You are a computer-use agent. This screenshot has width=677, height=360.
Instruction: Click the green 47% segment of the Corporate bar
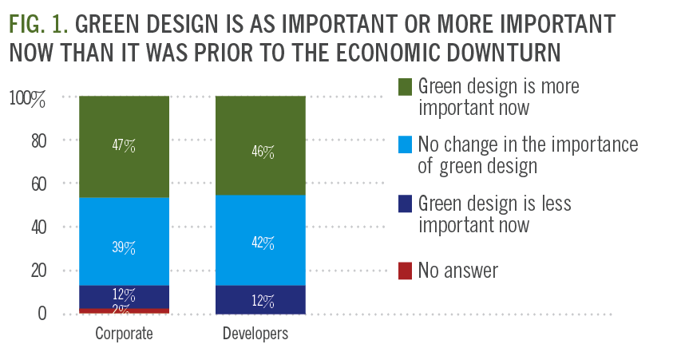(124, 147)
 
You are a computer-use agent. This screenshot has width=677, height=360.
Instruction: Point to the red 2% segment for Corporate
(124, 311)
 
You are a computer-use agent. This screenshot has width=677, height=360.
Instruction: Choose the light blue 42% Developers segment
(259, 241)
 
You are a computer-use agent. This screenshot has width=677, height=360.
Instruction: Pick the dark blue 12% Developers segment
(259, 300)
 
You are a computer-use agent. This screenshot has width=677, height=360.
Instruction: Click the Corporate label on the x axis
(124, 334)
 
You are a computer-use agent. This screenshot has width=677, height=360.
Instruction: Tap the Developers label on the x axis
(259, 334)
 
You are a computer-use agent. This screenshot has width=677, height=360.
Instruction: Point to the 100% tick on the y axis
(28, 98)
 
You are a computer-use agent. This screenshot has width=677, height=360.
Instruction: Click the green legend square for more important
(405, 85)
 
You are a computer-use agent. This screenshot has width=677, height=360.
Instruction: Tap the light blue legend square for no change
(405, 144)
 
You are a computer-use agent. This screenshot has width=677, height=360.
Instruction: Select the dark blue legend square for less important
(405, 204)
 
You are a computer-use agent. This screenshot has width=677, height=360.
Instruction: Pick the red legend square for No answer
(405, 271)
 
